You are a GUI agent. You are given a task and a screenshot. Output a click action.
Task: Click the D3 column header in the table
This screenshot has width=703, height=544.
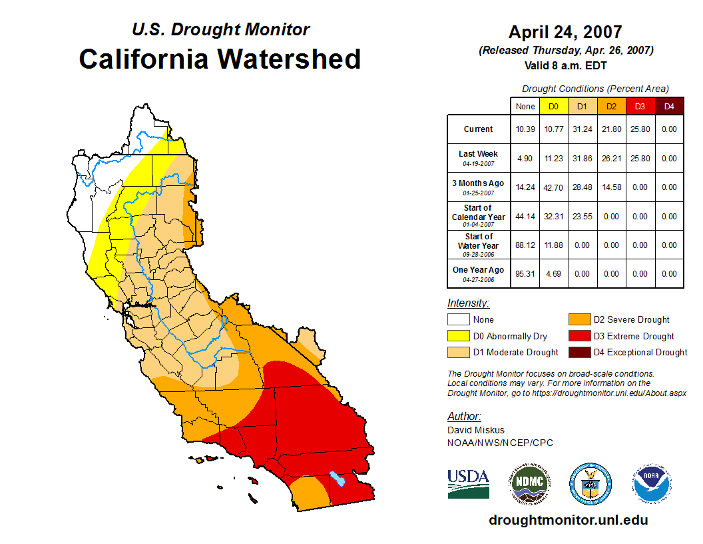point(640,106)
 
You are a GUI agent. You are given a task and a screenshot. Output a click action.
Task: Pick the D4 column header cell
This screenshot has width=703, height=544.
point(669,106)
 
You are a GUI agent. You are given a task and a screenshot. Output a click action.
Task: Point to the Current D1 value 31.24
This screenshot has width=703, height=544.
point(583,129)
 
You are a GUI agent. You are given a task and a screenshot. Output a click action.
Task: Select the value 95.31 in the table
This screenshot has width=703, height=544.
point(525,274)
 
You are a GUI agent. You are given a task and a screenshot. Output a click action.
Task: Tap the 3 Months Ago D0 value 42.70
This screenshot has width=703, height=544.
point(554,187)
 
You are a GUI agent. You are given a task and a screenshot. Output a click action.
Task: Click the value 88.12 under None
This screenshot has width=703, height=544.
point(525,245)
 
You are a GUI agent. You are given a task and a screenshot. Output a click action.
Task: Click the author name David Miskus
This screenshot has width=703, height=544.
point(476,430)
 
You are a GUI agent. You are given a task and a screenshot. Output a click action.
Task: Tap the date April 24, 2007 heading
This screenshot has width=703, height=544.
point(565,32)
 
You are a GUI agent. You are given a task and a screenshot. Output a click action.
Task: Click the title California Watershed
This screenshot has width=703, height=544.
point(220,59)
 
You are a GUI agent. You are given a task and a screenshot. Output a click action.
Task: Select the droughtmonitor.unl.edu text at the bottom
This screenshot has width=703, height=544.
point(568,520)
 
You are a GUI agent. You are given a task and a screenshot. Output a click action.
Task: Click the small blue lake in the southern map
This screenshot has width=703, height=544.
point(338,479)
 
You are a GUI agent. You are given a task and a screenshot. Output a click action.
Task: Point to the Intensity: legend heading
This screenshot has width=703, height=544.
point(468,303)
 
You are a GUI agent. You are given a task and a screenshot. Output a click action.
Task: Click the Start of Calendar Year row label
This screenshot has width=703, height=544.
point(479,216)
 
